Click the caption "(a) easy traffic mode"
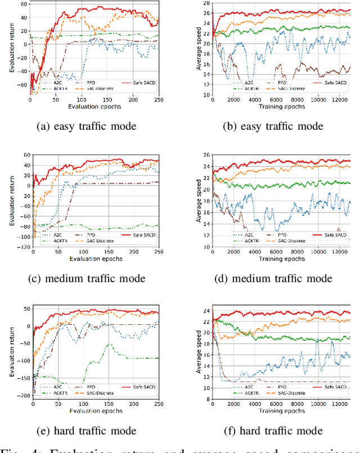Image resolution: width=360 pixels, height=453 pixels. coord(86,126)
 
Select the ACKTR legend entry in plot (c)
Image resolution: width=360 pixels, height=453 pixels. coord(56,241)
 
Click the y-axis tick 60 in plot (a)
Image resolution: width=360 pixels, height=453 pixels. coord(24,3)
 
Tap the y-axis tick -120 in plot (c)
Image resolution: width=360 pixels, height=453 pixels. coord(22,247)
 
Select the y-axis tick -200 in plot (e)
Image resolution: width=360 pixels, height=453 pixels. coord(22,396)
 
